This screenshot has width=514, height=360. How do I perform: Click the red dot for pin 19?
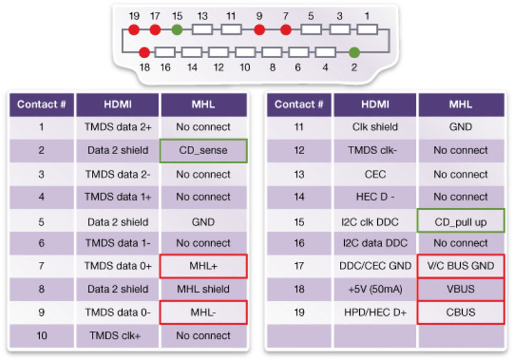[x=134, y=30]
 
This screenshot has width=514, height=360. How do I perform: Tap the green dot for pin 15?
[x=177, y=30]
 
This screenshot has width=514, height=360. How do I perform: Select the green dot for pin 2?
[x=355, y=52]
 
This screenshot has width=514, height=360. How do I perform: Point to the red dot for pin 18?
[x=144, y=52]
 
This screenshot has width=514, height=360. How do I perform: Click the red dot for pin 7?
[x=286, y=30]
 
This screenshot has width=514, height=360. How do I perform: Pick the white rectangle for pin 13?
[x=202, y=30]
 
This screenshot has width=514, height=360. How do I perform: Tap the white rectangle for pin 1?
[x=367, y=30]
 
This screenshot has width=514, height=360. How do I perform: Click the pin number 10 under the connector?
[x=245, y=68]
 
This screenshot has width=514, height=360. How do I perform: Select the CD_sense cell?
[x=203, y=151]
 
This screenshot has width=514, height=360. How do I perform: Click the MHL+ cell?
[x=203, y=266]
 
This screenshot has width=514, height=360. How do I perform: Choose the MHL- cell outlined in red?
[x=203, y=312]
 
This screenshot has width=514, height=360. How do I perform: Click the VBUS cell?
[x=461, y=289]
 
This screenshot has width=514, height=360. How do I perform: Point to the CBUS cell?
[x=461, y=312]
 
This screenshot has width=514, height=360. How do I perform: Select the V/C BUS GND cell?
[x=461, y=266]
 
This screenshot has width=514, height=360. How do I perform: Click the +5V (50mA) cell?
[x=375, y=289]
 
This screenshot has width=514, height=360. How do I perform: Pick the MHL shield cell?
[x=203, y=289]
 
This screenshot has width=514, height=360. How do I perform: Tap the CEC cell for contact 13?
[x=375, y=174]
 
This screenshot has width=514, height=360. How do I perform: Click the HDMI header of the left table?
[x=118, y=105]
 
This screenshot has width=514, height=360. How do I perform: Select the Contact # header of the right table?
[x=299, y=105]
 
